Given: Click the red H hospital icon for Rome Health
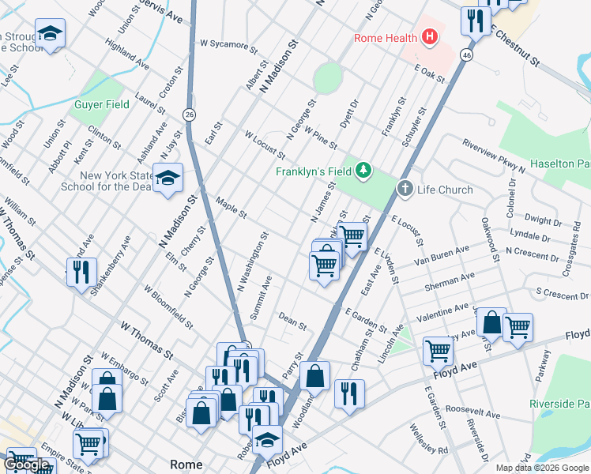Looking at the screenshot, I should [430, 36].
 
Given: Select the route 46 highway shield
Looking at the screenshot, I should [468, 55].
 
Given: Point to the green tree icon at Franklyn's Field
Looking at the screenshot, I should [363, 170].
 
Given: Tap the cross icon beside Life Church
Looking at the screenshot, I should [405, 189].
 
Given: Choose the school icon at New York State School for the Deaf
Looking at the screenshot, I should [167, 179].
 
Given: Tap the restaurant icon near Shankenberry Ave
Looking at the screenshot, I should [81, 273].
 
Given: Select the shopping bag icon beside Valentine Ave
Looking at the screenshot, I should [491, 323].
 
